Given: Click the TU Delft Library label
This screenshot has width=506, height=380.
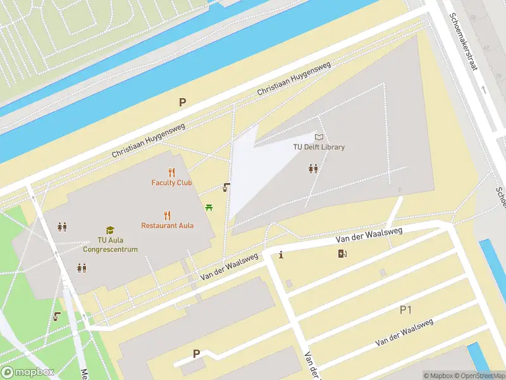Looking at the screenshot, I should [x=319, y=147].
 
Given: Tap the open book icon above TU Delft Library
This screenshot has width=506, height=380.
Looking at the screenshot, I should [x=319, y=137].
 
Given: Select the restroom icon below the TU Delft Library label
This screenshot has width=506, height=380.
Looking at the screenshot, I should [x=312, y=168].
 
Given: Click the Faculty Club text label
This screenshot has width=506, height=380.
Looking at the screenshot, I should [x=171, y=183].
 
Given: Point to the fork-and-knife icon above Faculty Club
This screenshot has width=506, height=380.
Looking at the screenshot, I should [x=171, y=172].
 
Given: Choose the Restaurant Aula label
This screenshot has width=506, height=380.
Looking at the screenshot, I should [x=167, y=225].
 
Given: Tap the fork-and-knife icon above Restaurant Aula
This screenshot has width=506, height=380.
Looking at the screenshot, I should [x=167, y=215].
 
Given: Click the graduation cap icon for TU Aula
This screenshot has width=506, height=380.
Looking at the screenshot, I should [x=109, y=230].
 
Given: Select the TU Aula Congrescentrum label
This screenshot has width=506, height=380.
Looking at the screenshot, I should [x=109, y=244].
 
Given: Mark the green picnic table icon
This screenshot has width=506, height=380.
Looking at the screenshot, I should [x=209, y=206].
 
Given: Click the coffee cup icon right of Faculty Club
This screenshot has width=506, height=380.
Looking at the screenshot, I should [x=226, y=187].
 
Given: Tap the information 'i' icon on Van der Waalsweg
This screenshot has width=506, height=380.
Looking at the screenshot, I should [x=281, y=255].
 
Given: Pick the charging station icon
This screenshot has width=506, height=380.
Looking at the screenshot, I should [x=342, y=254].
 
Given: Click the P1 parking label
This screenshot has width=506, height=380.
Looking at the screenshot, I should [x=405, y=310].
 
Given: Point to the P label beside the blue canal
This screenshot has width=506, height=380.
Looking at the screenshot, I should [x=183, y=102].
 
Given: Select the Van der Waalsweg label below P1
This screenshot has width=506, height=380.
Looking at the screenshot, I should [x=404, y=332].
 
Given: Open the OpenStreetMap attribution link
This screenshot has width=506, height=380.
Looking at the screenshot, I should [x=478, y=376].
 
